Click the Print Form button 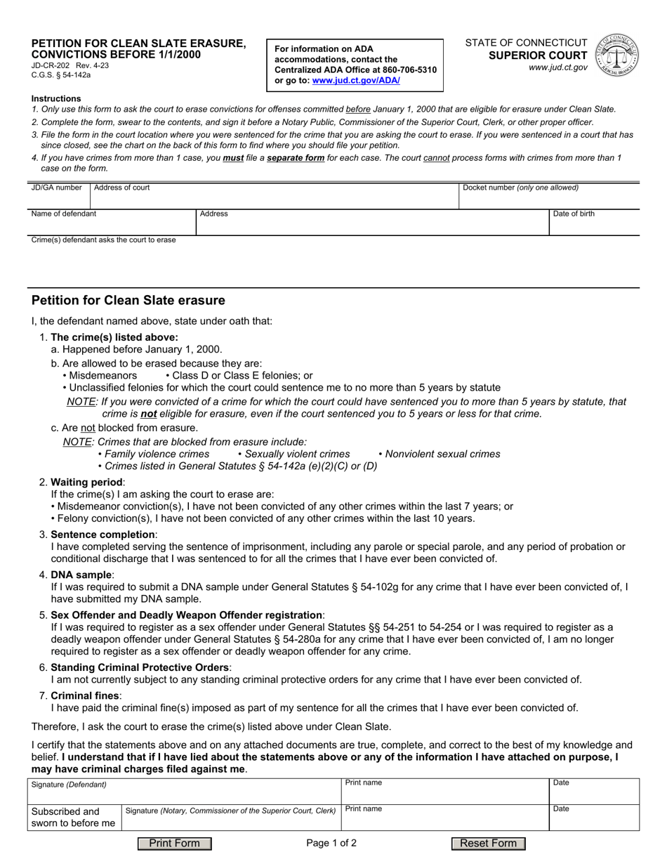click(174, 844)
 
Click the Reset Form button click(488, 844)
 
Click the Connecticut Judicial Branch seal click(616, 56)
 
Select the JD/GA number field click(59, 199)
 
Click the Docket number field click(548, 200)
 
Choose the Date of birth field click(593, 225)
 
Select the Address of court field click(274, 199)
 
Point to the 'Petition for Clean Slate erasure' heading click(128, 301)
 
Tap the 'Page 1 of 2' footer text click(331, 844)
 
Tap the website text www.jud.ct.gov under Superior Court click(560, 67)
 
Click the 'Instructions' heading click(56, 98)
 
